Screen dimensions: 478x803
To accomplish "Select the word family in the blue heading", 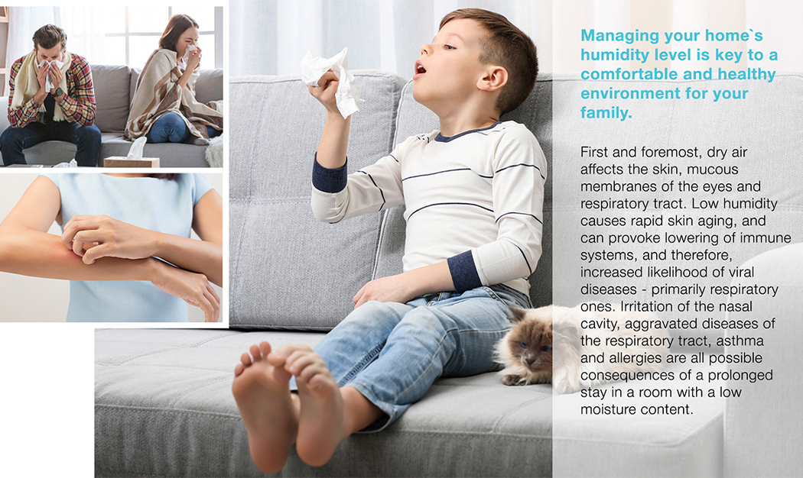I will pyautogui.click(x=603, y=113).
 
